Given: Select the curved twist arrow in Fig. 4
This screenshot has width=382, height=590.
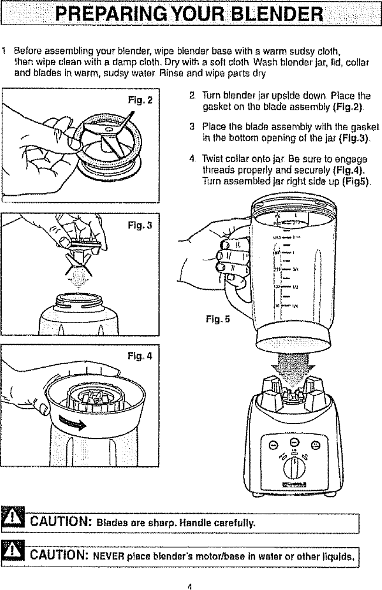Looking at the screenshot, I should [77, 423].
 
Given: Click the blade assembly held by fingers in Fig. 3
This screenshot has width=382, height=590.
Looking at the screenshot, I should [79, 245].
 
